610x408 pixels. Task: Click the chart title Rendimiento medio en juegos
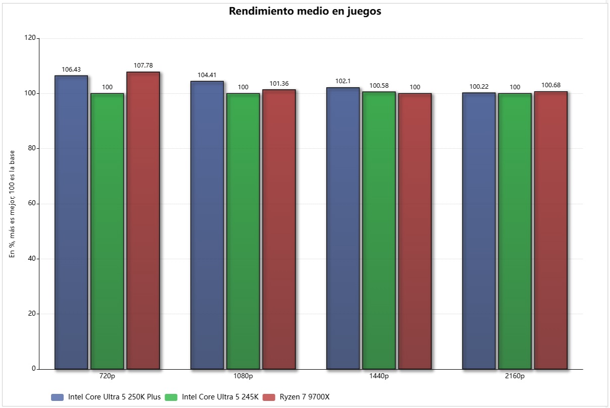point(305,12)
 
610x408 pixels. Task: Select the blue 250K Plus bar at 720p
point(71,222)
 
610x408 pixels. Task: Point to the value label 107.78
point(143,66)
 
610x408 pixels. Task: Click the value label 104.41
point(207,75)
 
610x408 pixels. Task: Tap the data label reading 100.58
point(379,86)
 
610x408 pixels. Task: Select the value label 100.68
point(551,85)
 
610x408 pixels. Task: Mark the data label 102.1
point(343,81)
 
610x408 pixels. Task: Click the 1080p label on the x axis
point(243,376)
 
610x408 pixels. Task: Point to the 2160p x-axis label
point(515,376)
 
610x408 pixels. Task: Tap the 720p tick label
point(107,376)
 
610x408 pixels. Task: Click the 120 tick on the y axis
point(30,38)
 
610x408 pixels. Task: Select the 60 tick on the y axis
point(32,203)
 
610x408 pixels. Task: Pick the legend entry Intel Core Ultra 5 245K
point(220,397)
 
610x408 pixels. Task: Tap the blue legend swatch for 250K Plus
point(58,397)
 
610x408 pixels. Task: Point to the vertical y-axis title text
point(12,204)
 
